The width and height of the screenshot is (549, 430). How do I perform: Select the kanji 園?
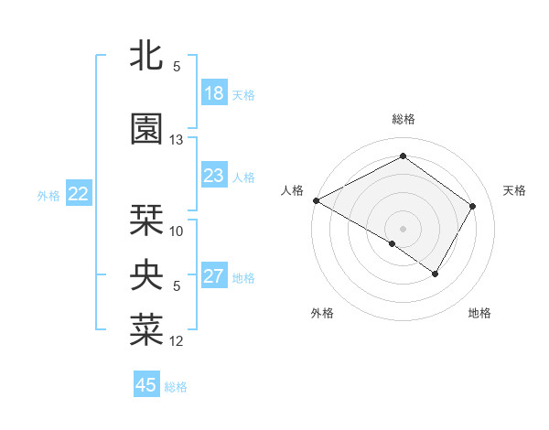point(146,129)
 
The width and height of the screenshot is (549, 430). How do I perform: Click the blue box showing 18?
point(214,93)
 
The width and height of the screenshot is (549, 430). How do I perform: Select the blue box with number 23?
point(214,176)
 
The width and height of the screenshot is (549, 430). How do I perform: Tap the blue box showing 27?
point(214,276)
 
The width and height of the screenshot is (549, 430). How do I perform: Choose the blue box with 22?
point(79,194)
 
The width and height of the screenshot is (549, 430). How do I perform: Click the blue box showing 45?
point(146,385)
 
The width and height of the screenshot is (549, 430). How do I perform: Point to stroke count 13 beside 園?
point(177,140)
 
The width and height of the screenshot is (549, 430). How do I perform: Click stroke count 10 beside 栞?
point(177,231)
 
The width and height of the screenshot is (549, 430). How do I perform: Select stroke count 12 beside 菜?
point(177,341)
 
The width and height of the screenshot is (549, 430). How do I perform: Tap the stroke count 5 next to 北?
point(177,66)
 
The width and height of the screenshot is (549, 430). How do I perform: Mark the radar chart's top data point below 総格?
point(403,156)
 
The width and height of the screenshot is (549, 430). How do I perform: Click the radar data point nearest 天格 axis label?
point(473,206)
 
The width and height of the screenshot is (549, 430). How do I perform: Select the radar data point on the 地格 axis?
point(436,274)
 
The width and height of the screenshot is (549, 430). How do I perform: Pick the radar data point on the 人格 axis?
point(316,200)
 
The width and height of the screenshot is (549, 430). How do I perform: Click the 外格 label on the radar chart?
point(322,313)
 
